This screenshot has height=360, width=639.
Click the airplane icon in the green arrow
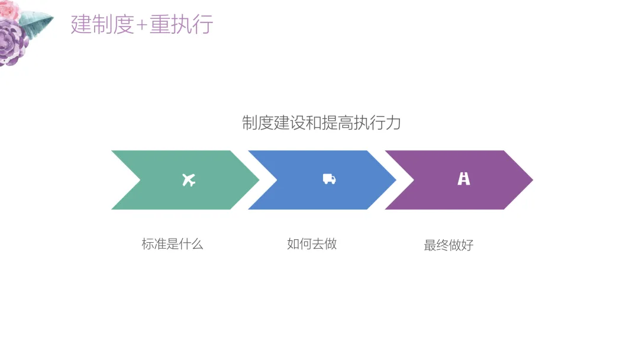click(x=189, y=179)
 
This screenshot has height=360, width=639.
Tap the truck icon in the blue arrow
click(x=329, y=179)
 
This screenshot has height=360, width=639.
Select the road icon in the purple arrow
click(x=464, y=179)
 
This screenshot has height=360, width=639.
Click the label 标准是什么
click(x=172, y=244)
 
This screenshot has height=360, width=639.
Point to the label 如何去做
click(x=312, y=243)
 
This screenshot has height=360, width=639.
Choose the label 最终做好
click(x=448, y=245)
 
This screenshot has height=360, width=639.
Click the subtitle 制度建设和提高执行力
click(x=321, y=123)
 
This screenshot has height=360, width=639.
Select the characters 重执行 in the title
click(x=181, y=25)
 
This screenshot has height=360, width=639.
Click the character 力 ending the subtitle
click(x=394, y=123)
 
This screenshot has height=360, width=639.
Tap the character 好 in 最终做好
click(x=467, y=245)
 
